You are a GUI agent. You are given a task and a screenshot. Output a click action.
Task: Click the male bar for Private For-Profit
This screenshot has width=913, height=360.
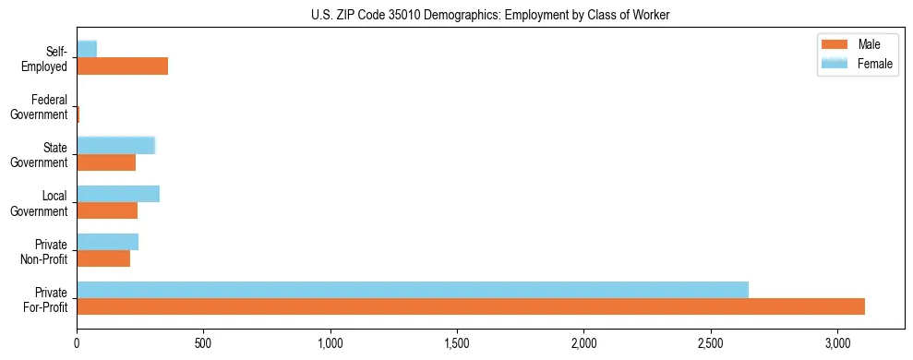[x=471, y=306]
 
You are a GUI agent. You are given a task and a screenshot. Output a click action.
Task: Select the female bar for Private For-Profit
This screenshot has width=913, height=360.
[x=413, y=290]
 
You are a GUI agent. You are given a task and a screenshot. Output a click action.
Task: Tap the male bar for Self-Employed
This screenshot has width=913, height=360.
[x=122, y=66]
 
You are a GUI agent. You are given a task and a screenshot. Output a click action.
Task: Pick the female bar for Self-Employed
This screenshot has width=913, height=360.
[x=87, y=49]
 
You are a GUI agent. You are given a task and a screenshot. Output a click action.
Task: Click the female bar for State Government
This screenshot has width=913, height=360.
[x=115, y=145]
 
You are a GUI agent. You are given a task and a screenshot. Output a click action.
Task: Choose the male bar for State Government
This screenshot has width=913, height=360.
[x=106, y=162]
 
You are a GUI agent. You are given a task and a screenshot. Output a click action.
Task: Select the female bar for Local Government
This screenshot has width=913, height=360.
[x=118, y=194]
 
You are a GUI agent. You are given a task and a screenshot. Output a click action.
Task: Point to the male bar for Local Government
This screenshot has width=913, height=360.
[x=107, y=210]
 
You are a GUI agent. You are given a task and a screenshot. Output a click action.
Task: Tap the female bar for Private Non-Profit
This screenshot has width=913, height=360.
[x=107, y=242]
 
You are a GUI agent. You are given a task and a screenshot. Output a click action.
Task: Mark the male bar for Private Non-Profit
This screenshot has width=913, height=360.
[x=103, y=258]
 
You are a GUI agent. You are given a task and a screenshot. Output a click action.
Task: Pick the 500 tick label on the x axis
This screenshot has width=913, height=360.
[x=203, y=343]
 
